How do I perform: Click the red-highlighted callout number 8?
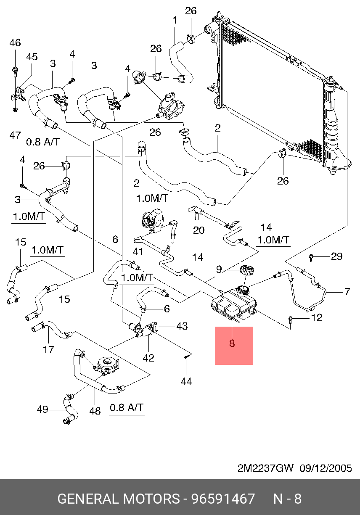point(232,343)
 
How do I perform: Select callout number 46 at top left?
point(15,43)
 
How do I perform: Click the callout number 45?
point(32,57)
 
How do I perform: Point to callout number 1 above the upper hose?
point(175,20)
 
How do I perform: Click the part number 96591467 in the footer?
point(223,499)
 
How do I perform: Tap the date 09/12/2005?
point(326,468)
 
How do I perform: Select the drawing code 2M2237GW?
point(265,468)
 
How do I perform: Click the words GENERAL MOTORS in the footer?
point(119,499)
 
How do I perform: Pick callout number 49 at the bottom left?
point(42,409)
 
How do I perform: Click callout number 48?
point(95,411)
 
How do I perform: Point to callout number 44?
point(186,382)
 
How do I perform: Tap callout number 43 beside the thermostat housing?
point(182,326)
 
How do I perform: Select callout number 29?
point(337,256)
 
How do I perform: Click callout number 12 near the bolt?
point(317,318)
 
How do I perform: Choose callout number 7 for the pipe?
point(347,291)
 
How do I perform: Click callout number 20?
point(199,230)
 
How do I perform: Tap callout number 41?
point(138,252)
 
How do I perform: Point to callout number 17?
point(48,350)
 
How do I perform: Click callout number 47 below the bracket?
point(15,135)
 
